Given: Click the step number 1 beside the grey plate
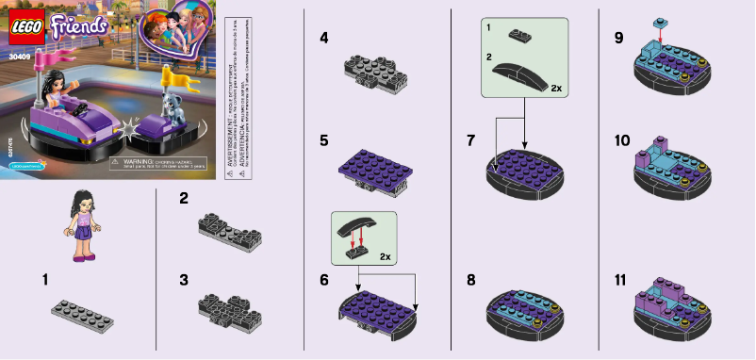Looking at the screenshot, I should point(46,280).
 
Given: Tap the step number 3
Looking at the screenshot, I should point(184,280).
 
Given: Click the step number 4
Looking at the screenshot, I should point(324,39).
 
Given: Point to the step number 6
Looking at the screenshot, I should point(323,280).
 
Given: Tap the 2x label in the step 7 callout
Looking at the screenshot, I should point(556,88).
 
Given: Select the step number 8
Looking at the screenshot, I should point(471,280).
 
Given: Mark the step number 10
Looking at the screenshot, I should point(622,140).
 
